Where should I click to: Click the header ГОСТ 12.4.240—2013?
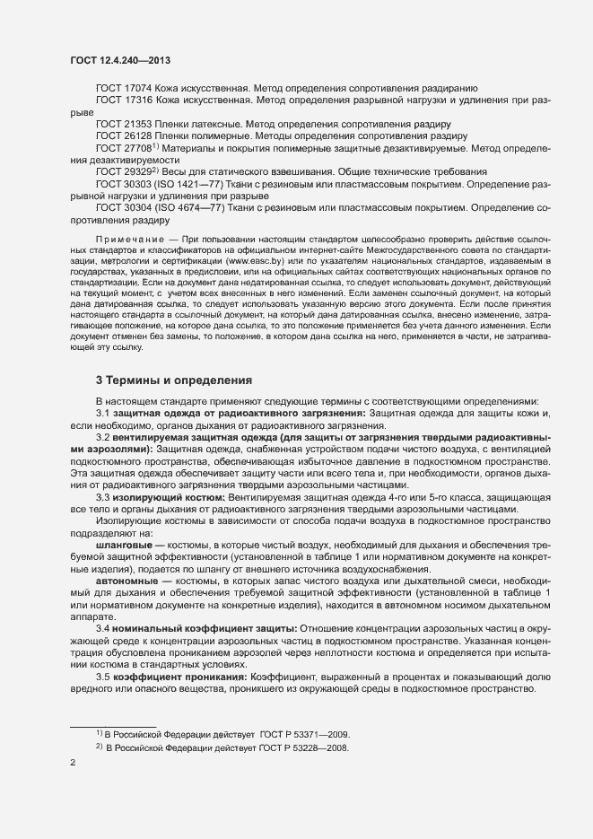(119, 60)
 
